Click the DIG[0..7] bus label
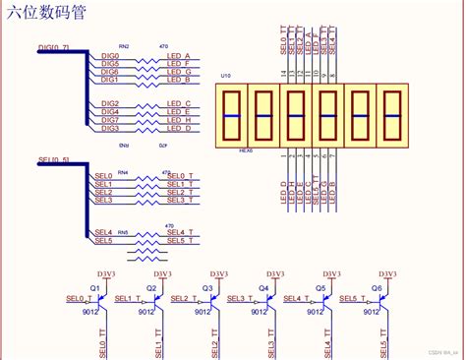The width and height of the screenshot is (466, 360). click(x=53, y=46)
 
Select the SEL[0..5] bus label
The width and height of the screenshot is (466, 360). click(x=52, y=158)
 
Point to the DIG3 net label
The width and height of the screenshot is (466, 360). click(x=110, y=128)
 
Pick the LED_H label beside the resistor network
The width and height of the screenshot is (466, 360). click(x=178, y=120)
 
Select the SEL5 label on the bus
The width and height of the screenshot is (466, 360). click(x=103, y=240)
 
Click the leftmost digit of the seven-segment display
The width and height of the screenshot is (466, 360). click(x=233, y=115)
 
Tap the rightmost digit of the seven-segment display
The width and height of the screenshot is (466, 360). click(x=393, y=115)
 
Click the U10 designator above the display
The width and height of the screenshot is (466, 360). click(x=225, y=76)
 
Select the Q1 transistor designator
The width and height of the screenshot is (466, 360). click(x=95, y=287)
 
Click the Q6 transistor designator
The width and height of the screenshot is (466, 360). click(x=377, y=287)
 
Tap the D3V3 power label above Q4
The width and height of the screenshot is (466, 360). click(x=276, y=272)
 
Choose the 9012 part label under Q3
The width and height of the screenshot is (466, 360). click(x=202, y=312)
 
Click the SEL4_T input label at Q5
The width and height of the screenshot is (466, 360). click(x=295, y=298)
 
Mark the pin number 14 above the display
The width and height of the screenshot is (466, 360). click(x=283, y=73)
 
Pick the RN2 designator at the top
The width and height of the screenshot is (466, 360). click(x=123, y=45)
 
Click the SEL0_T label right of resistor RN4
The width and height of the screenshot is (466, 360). click(x=177, y=176)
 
